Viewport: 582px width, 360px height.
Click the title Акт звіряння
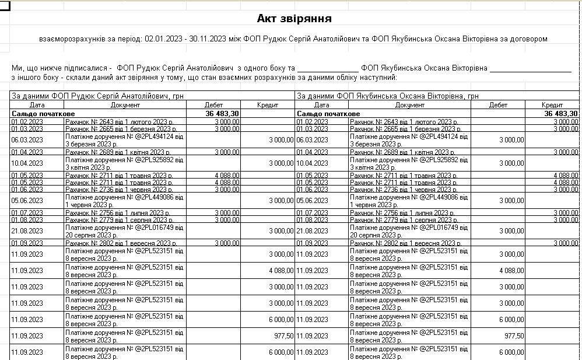pyautogui.click(x=294, y=19)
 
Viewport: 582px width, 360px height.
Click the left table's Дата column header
pyautogui.click(x=37, y=105)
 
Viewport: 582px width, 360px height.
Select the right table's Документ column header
pyautogui.click(x=409, y=105)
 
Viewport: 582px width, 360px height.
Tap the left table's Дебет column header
pyautogui.click(x=213, y=105)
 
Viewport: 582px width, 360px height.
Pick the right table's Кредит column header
pyautogui.click(x=552, y=105)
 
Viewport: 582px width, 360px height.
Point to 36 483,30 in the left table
pyautogui.click(x=222, y=113)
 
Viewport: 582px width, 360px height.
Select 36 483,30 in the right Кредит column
pyautogui.click(x=559, y=113)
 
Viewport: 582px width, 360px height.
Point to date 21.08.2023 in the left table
pyautogui.click(x=27, y=231)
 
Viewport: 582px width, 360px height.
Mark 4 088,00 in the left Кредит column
pyautogui.click(x=281, y=270)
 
